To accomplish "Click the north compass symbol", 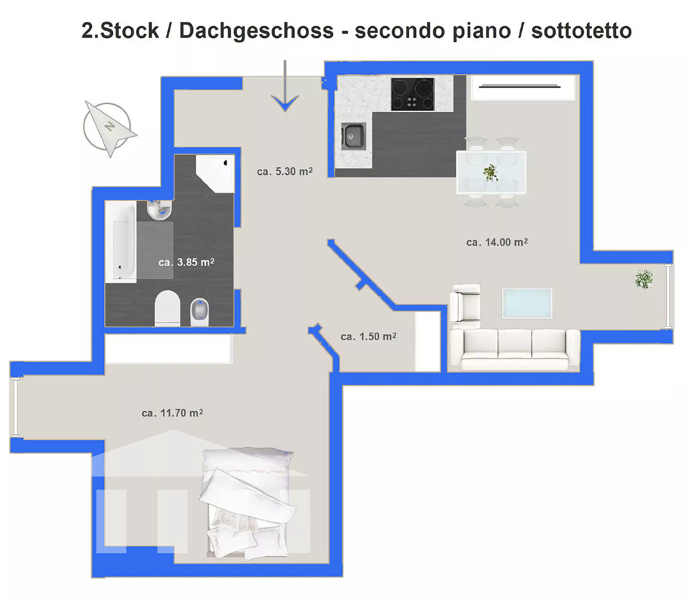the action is (x=109, y=128).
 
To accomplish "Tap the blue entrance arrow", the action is (x=285, y=86).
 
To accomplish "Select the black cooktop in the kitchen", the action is (x=412, y=94).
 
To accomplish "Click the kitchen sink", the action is (x=353, y=136).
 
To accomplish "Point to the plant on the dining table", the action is (x=490, y=173).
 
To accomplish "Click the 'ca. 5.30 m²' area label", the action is (x=285, y=172).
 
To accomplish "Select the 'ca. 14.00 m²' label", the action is (x=497, y=242).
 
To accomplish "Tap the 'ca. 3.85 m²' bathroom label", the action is (x=187, y=262).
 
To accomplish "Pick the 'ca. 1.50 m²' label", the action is (x=369, y=337).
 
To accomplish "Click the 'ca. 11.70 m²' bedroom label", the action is (x=172, y=413).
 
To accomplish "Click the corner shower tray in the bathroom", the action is (x=215, y=174).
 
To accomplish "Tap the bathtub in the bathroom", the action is (x=121, y=241).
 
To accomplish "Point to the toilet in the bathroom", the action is (x=167, y=308).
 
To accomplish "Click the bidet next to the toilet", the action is (x=200, y=312).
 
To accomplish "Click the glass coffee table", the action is (x=527, y=303).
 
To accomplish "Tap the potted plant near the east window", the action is (x=644, y=279).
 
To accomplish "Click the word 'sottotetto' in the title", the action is (x=581, y=30).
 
